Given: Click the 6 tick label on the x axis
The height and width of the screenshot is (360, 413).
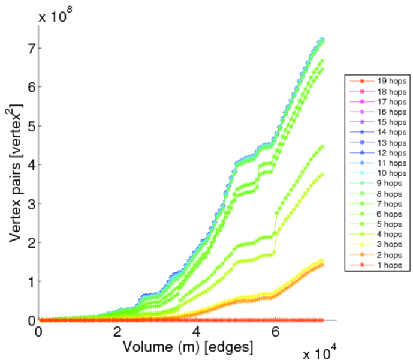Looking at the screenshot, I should tap(275, 331).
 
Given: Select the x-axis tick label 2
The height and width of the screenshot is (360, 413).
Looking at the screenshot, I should tap(117, 331).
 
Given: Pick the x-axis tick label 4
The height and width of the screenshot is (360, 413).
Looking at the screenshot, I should tap(197, 331).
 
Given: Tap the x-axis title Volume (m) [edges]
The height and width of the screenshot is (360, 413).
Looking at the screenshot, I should tap(187, 346).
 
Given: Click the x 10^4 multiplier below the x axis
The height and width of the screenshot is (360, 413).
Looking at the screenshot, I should tap(320, 352).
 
